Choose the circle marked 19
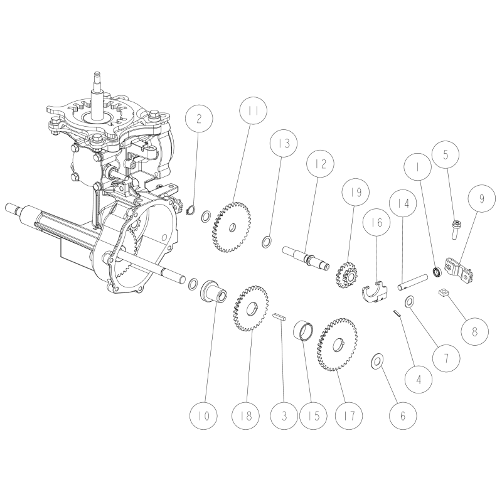pos(356,193)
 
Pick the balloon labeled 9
pos(482,200)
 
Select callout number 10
pos(205,415)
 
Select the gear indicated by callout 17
pos(338,342)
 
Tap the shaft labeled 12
pos(308,257)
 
